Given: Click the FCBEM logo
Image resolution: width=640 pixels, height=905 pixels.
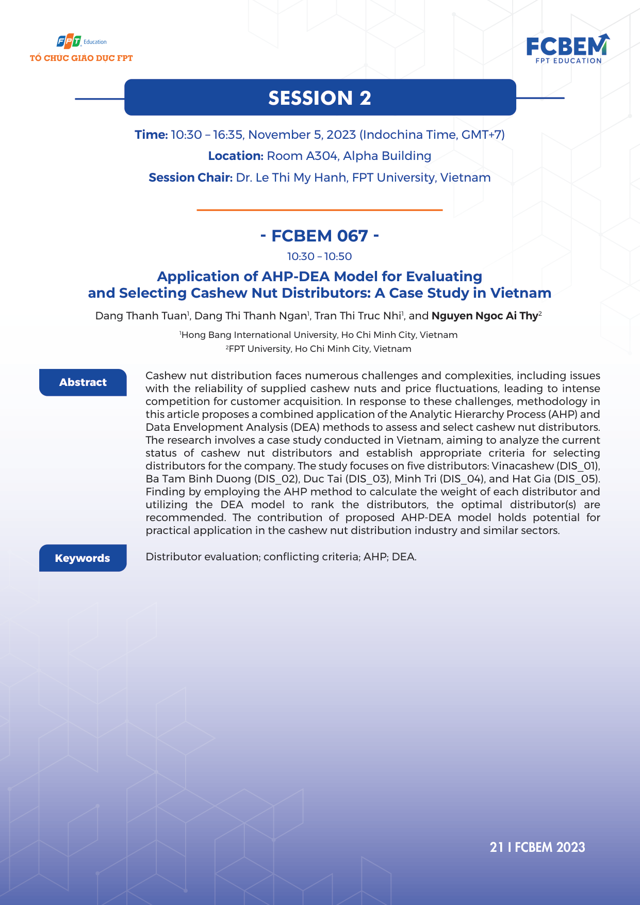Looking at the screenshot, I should point(567,49).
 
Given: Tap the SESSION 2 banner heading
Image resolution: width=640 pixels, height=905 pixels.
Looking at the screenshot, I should point(320,98).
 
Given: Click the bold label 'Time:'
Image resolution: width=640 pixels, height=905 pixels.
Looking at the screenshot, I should point(151,135).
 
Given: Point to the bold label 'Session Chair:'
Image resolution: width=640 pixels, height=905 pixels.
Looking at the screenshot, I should point(190,177).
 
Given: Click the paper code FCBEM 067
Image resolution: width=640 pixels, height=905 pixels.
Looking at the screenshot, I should point(320,236).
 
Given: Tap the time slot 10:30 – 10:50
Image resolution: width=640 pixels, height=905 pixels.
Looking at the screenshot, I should point(320,256).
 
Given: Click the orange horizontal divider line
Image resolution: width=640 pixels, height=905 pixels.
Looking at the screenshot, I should point(320,210).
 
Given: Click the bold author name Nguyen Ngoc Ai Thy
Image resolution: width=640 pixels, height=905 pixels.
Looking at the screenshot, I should point(484,316).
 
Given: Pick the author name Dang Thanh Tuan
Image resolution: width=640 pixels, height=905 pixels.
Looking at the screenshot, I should point(141,316).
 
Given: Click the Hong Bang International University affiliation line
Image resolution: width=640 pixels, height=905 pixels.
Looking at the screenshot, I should point(319,335).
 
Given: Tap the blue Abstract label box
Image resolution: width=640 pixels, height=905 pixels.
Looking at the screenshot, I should point(83,382).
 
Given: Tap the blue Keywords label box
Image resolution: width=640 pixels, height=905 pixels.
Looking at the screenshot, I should point(83,558).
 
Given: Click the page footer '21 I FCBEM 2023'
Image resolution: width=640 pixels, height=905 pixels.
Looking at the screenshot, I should point(537,847).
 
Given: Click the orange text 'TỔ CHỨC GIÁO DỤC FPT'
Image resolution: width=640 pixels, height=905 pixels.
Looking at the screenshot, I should point(81,58).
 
